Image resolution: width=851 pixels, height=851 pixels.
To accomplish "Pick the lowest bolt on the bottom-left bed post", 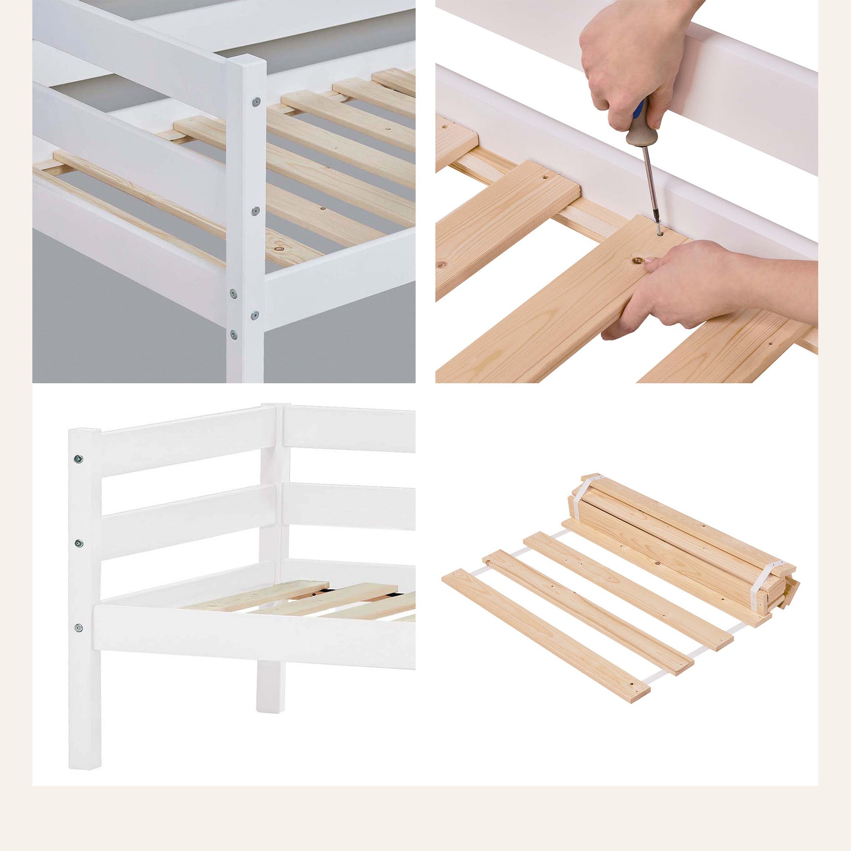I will [79, 627].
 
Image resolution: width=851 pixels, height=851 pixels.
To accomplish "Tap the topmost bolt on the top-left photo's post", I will [254, 103].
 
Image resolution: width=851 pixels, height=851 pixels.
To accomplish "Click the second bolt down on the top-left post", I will [254, 211].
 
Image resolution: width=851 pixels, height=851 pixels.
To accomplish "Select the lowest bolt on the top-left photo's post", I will [234, 334].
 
